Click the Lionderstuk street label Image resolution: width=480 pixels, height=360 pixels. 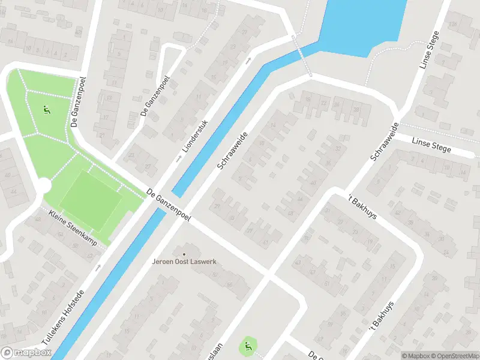click(x=196, y=136)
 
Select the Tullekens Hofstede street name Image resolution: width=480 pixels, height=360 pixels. click(x=64, y=316)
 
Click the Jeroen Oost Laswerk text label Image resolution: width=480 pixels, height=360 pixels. click(x=184, y=262)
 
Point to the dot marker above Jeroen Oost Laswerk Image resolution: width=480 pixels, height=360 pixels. click(x=184, y=254)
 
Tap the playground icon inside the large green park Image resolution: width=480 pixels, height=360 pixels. click(x=46, y=110)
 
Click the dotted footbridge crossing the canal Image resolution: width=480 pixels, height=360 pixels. click(x=302, y=56)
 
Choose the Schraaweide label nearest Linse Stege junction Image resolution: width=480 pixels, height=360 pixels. click(x=385, y=142)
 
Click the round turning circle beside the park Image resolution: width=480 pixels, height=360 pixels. click(x=44, y=185)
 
